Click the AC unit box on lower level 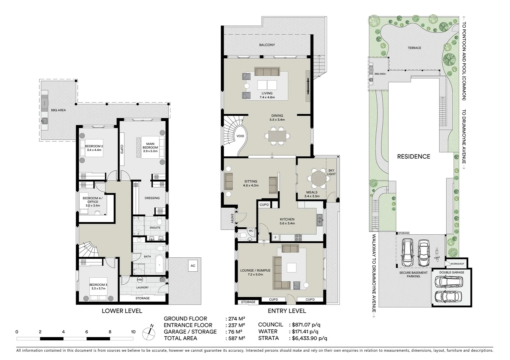[193, 266]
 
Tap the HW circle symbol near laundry [140, 279]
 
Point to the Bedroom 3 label [98, 286]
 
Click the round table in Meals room [319, 178]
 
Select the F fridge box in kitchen [276, 238]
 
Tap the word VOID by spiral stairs [240, 136]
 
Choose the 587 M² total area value [235, 338]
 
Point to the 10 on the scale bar [133, 332]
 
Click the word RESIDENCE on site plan [414, 156]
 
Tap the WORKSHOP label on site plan [457, 264]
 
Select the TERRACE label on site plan [414, 48]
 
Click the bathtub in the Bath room [159, 264]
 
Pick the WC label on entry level [251, 230]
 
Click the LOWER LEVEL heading [122, 311]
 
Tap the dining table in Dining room [277, 136]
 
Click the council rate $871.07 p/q [306, 324]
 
